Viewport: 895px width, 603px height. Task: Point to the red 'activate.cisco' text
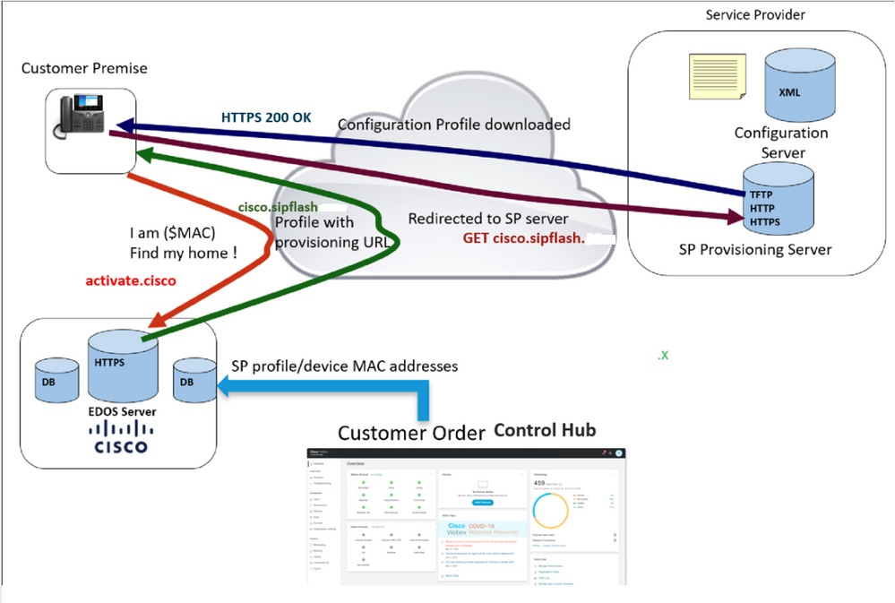(x=131, y=280)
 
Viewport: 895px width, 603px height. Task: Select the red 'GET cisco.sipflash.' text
(x=523, y=239)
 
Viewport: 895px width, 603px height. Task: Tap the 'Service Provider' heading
(x=755, y=14)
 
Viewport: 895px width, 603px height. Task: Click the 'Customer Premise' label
(x=84, y=68)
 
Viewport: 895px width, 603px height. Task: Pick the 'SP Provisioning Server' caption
(x=754, y=249)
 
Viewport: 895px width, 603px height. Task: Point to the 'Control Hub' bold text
(x=545, y=429)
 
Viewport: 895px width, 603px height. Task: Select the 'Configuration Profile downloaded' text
(x=453, y=125)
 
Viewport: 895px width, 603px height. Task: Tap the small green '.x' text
(x=663, y=355)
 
